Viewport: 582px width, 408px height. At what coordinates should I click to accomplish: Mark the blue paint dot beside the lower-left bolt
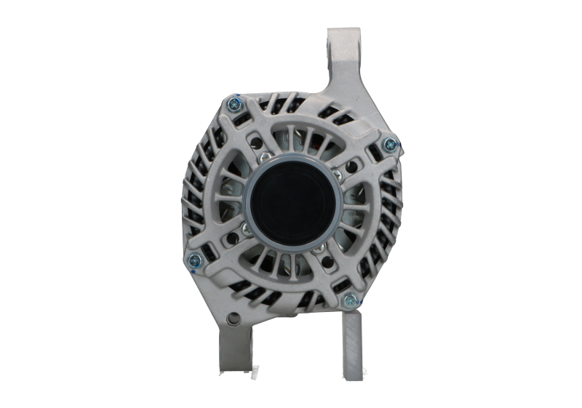point(188,267)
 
